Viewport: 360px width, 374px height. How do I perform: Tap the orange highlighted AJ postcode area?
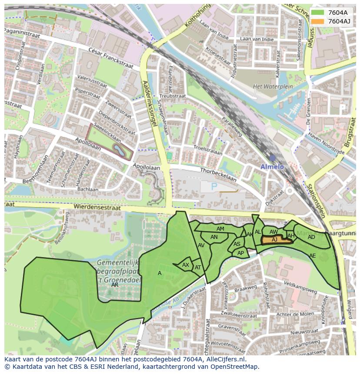[x=275, y=240]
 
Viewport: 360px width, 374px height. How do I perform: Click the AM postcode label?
[x=220, y=229]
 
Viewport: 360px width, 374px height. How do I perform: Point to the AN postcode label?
[x=214, y=237]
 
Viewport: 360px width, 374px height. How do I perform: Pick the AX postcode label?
[x=186, y=265]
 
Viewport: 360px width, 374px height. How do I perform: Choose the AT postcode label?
[x=198, y=268]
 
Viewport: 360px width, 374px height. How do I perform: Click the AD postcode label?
[x=311, y=237]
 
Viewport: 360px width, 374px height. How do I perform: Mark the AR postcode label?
[x=115, y=285]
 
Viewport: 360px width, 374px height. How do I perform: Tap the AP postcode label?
[x=240, y=253]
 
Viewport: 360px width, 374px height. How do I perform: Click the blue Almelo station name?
[x=272, y=167]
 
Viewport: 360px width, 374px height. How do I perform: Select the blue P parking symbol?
[x=213, y=186]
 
